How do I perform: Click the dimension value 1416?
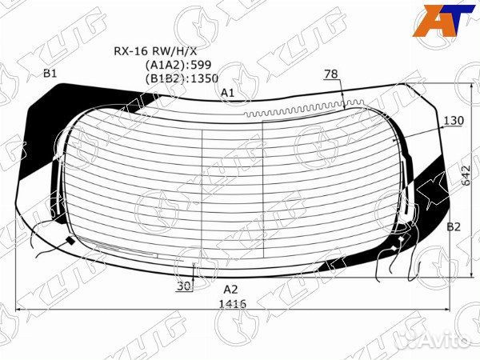(233, 303)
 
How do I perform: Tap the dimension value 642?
(466, 175)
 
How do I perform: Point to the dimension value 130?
(454, 121)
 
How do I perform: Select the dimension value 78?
(331, 74)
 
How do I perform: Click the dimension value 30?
(184, 286)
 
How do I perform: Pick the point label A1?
(228, 93)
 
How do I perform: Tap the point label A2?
(230, 290)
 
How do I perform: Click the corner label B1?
(50, 74)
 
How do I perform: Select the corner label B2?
(454, 227)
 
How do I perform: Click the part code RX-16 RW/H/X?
(155, 51)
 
